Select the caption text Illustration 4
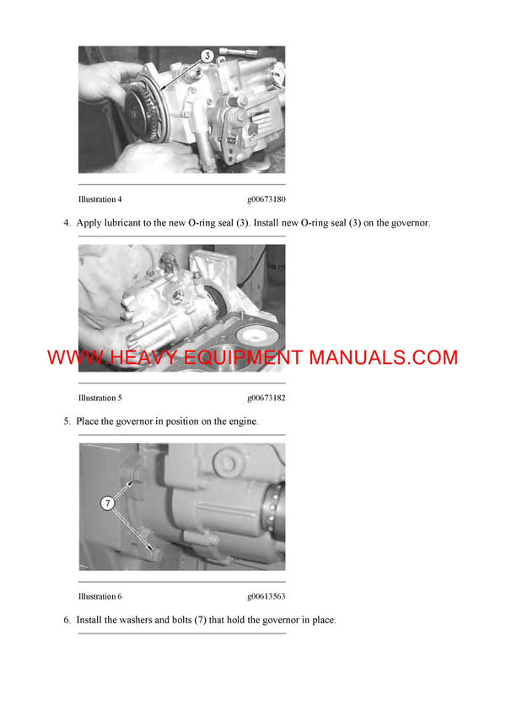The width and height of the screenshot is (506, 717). (x=100, y=199)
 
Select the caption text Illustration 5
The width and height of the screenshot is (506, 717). (x=100, y=398)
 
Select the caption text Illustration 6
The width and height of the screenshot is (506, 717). (x=100, y=596)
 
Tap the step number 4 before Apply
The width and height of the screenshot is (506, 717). (x=67, y=223)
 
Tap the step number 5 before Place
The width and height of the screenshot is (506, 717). (x=67, y=421)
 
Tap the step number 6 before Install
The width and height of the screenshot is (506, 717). (x=67, y=620)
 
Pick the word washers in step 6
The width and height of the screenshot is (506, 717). (x=133, y=620)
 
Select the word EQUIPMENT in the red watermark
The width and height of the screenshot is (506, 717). (x=240, y=357)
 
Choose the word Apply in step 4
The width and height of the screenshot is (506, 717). (x=89, y=223)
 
